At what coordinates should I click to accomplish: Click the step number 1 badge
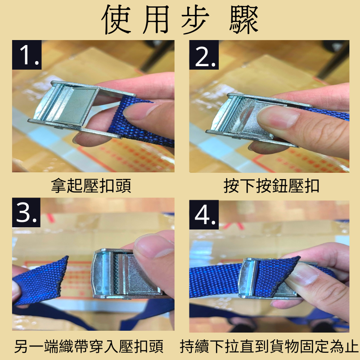click(x=27, y=55)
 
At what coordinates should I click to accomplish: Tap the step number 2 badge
click(x=204, y=55)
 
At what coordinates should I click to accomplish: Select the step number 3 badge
click(x=26, y=212)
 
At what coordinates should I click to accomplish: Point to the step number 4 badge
click(x=204, y=215)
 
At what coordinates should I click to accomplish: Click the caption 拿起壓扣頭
click(x=91, y=185)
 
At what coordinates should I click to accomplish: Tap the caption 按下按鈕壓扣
click(x=271, y=185)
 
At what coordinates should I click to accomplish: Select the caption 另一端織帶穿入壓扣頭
click(x=89, y=346)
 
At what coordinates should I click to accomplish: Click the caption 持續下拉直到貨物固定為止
click(x=269, y=346)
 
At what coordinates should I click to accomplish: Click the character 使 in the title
click(x=117, y=19)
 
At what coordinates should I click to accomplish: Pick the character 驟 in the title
click(x=244, y=19)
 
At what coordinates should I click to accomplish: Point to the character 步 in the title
click(x=195, y=19)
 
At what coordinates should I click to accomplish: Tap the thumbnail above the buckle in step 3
click(x=153, y=246)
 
